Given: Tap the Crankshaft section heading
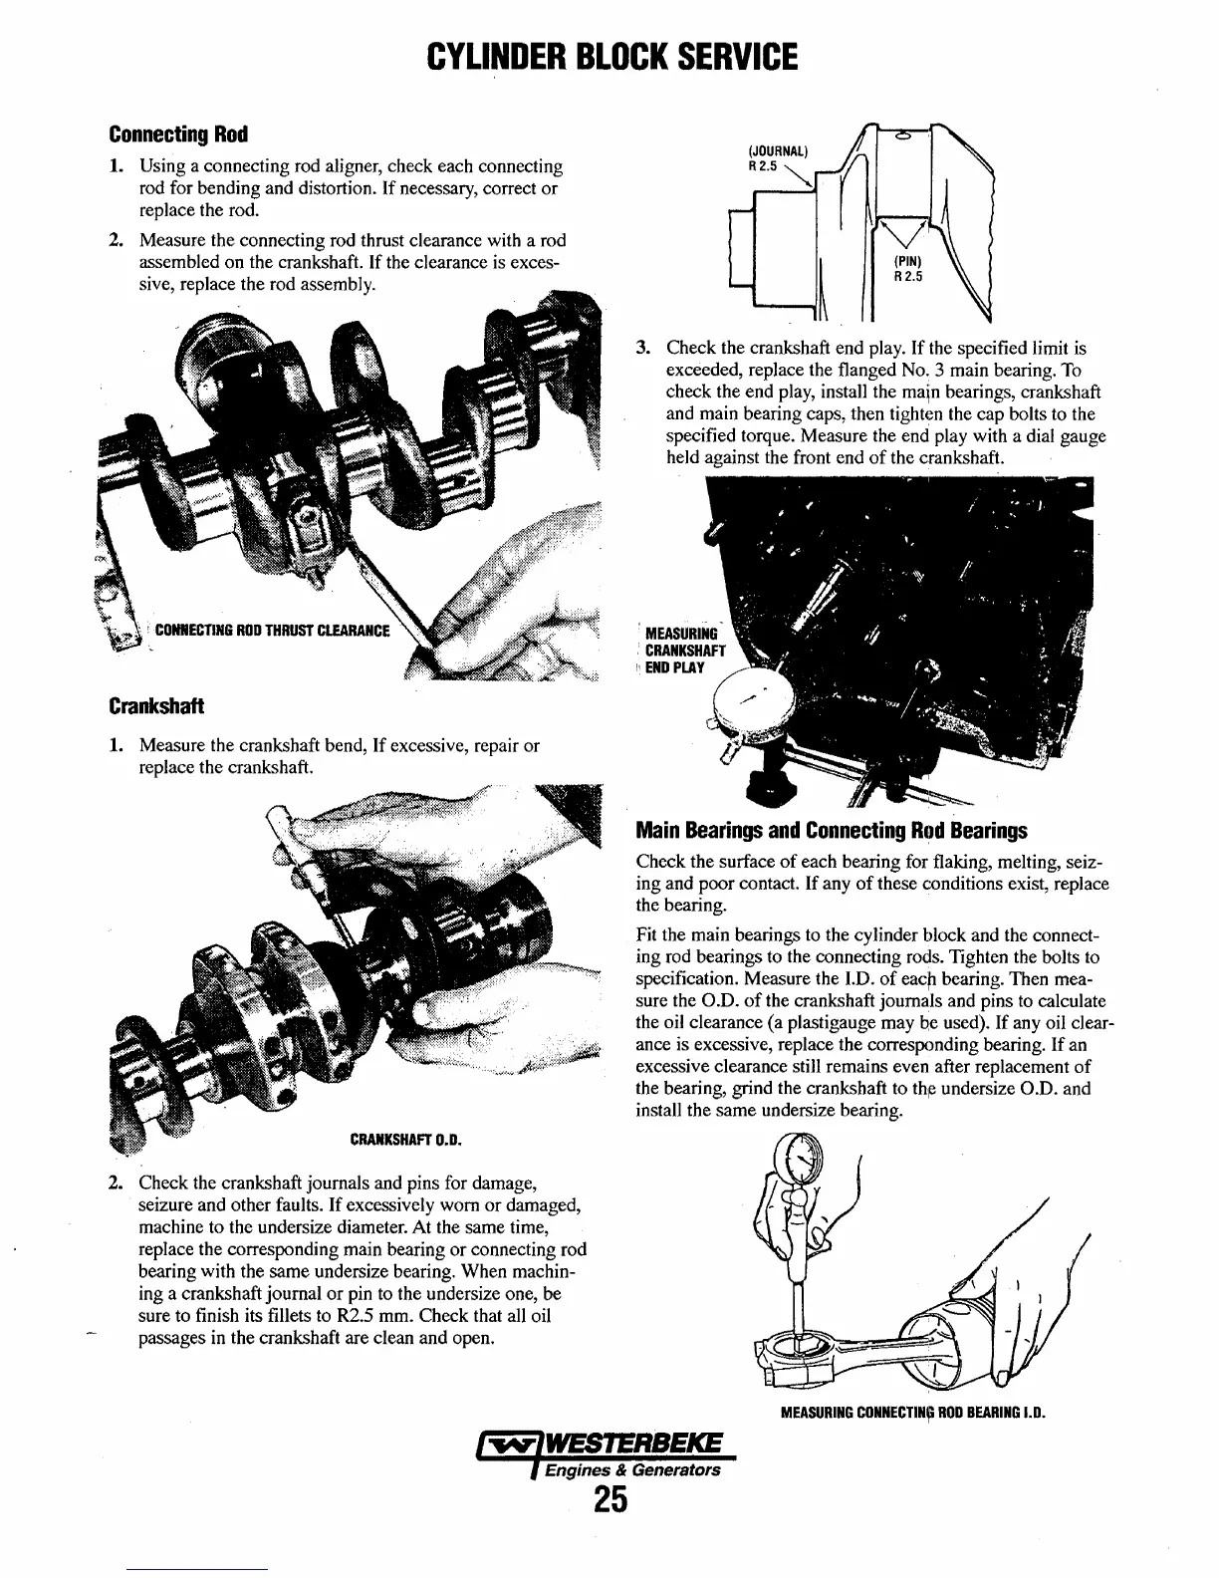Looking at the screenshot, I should pyautogui.click(x=156, y=705).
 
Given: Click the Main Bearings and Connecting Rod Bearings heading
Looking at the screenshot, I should pyautogui.click(x=832, y=831).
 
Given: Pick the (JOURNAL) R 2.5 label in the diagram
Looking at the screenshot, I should pyautogui.click(x=776, y=159).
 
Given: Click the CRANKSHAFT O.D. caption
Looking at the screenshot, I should pyautogui.click(x=406, y=1139).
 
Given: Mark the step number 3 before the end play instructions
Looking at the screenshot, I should pyautogui.click(x=643, y=349).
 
